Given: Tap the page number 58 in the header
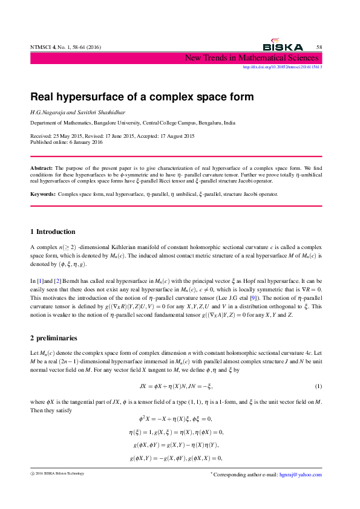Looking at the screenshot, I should pyautogui.click(x=319, y=47).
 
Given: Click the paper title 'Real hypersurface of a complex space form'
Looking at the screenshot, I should pyautogui.click(x=142, y=97).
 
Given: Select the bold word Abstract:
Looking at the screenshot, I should pyautogui.click(x=42, y=166).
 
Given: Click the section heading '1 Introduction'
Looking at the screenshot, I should pyautogui.click(x=53, y=232).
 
